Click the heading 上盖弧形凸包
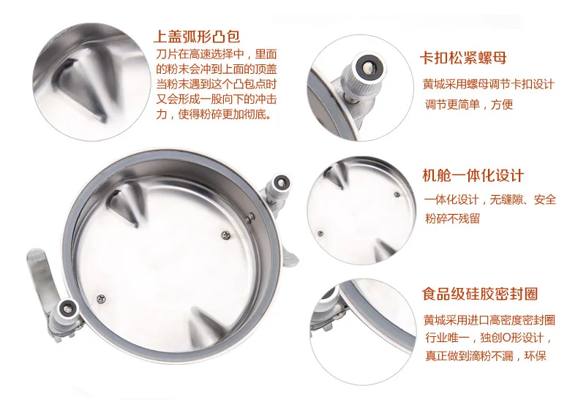tap(197, 37)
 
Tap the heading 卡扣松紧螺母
tap(463, 58)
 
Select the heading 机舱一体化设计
tap(473, 175)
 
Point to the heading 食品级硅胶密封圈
tap(480, 294)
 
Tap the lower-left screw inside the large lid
tap(100, 298)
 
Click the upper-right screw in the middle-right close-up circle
tap(397, 194)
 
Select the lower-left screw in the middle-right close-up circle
tap(320, 233)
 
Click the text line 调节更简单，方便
tap(469, 105)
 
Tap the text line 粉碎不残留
tap(452, 219)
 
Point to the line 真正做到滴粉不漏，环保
tap(486, 356)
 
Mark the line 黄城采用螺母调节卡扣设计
tap(489, 84)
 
